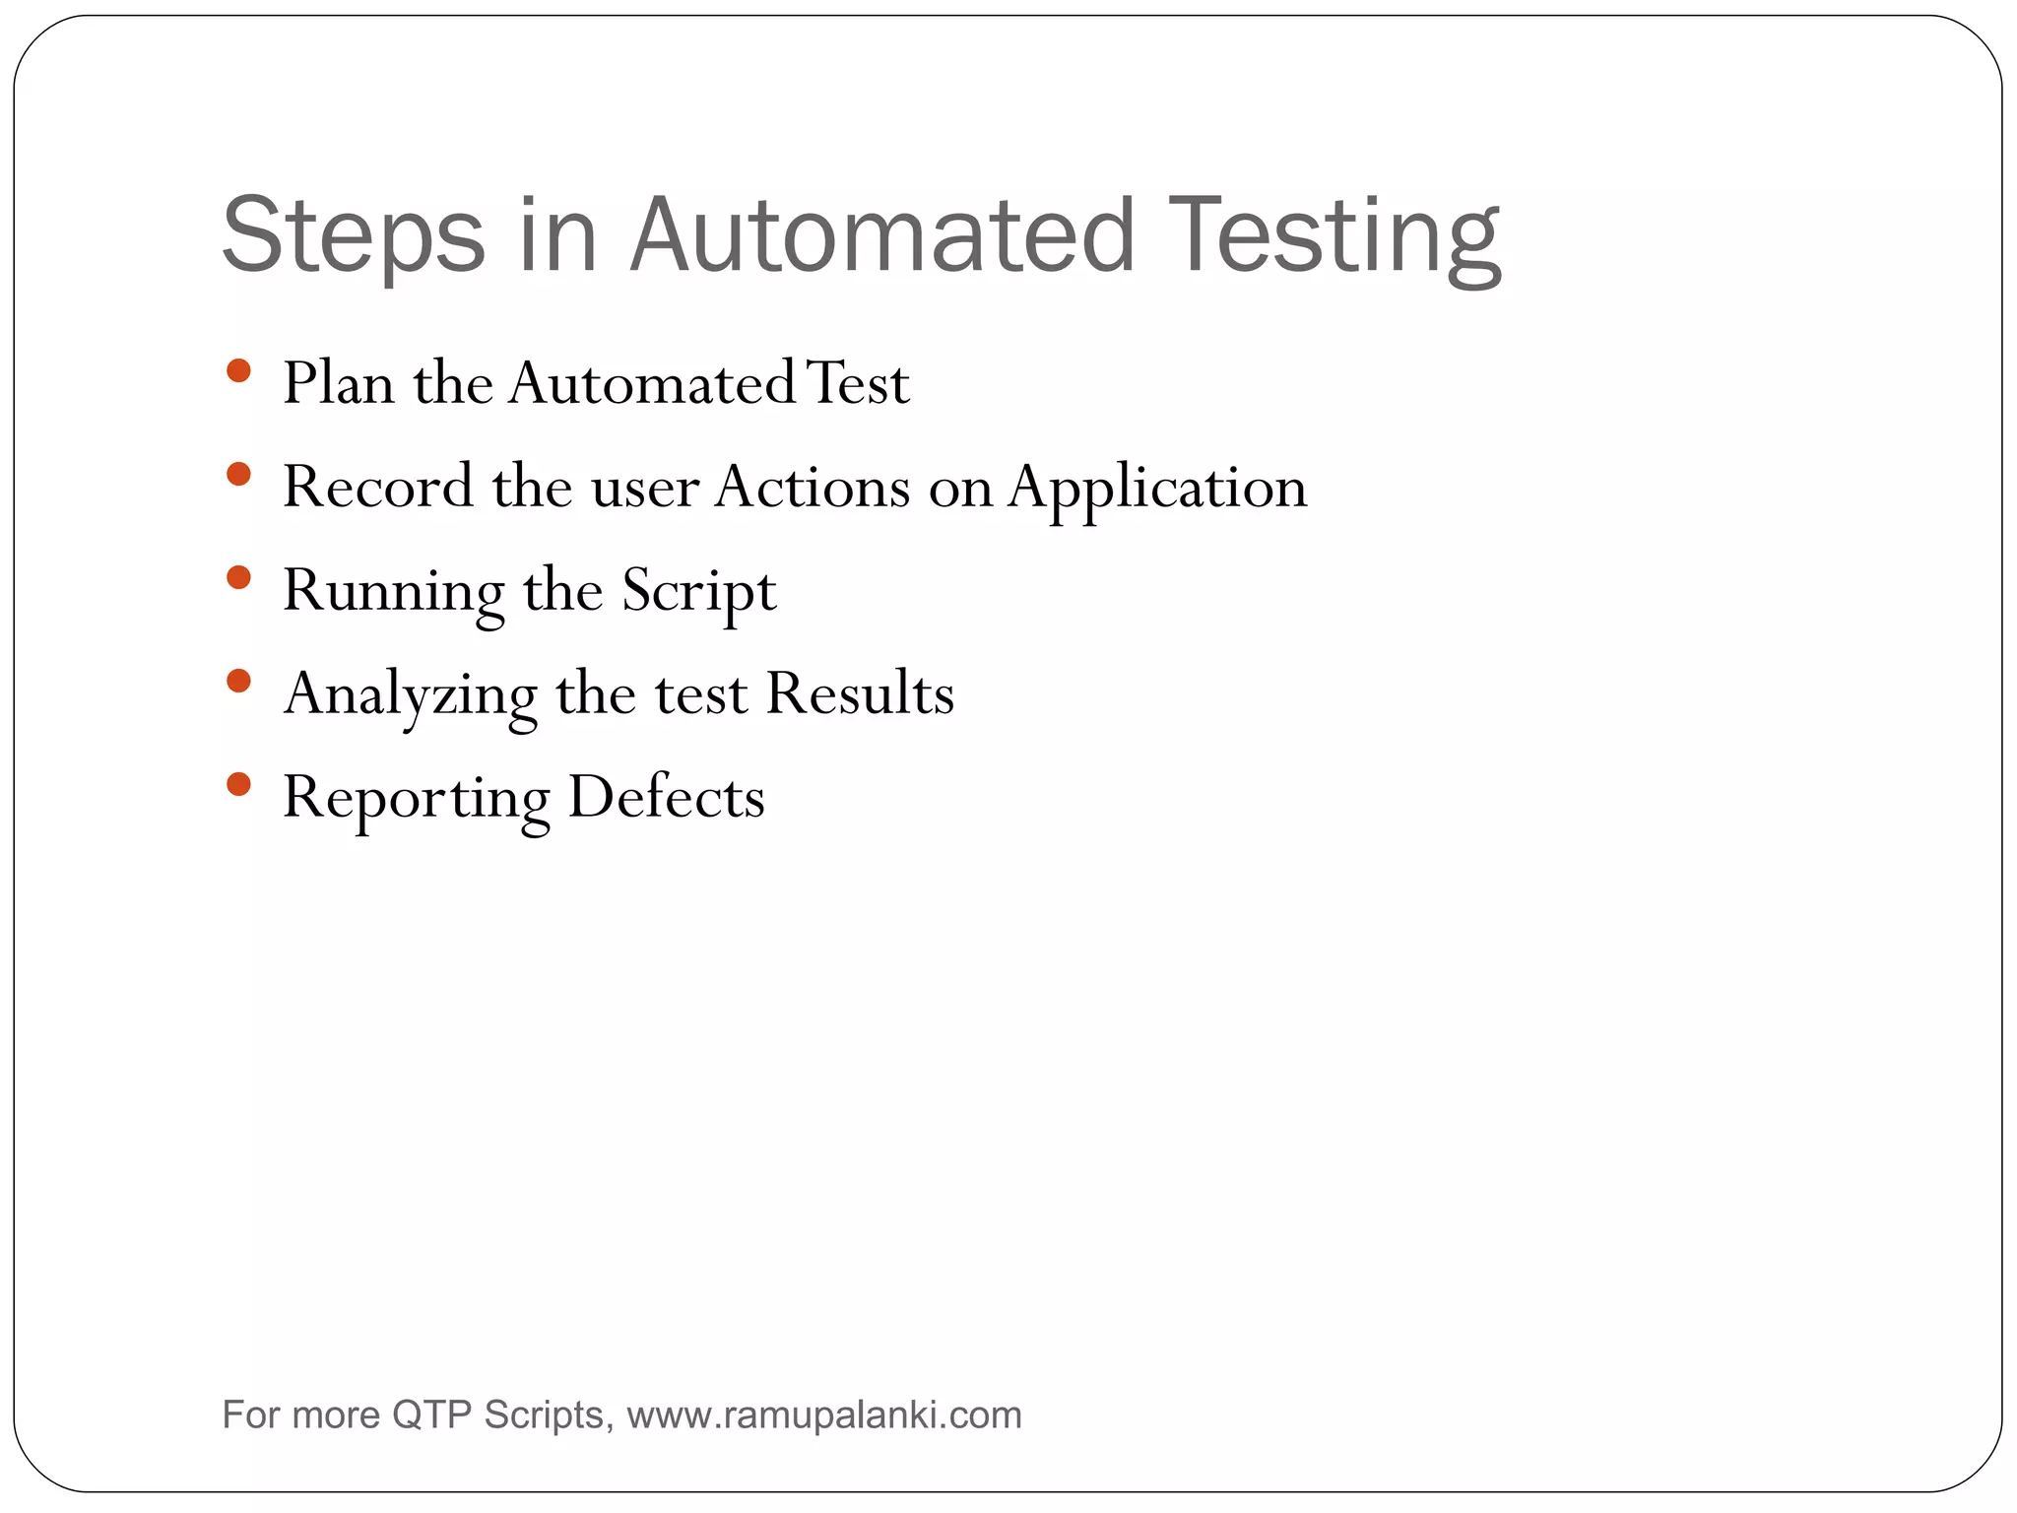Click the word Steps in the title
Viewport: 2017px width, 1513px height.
click(x=354, y=236)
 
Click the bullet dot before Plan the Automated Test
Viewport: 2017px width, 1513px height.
click(x=238, y=371)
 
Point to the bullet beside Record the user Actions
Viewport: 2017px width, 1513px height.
click(x=238, y=475)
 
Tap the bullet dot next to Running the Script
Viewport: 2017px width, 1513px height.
click(x=238, y=577)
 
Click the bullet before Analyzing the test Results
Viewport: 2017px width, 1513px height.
click(x=238, y=681)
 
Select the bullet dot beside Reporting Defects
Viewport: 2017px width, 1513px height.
click(x=238, y=784)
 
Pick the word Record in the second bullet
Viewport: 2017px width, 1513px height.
click(x=377, y=487)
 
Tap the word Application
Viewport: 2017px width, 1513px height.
click(x=1157, y=488)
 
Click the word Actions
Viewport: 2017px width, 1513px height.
click(x=813, y=487)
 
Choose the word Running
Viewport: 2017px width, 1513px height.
click(x=393, y=591)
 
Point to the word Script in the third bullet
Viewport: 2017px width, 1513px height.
click(x=698, y=591)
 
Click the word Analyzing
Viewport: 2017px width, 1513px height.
click(x=410, y=694)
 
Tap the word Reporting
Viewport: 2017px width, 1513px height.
click(x=416, y=798)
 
